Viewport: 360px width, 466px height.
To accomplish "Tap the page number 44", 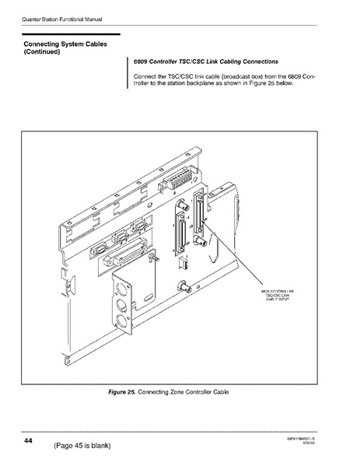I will tap(27, 441).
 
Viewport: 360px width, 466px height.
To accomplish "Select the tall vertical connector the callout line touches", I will tap(204, 214).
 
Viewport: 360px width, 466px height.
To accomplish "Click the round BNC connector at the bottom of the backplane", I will tap(184, 288).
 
